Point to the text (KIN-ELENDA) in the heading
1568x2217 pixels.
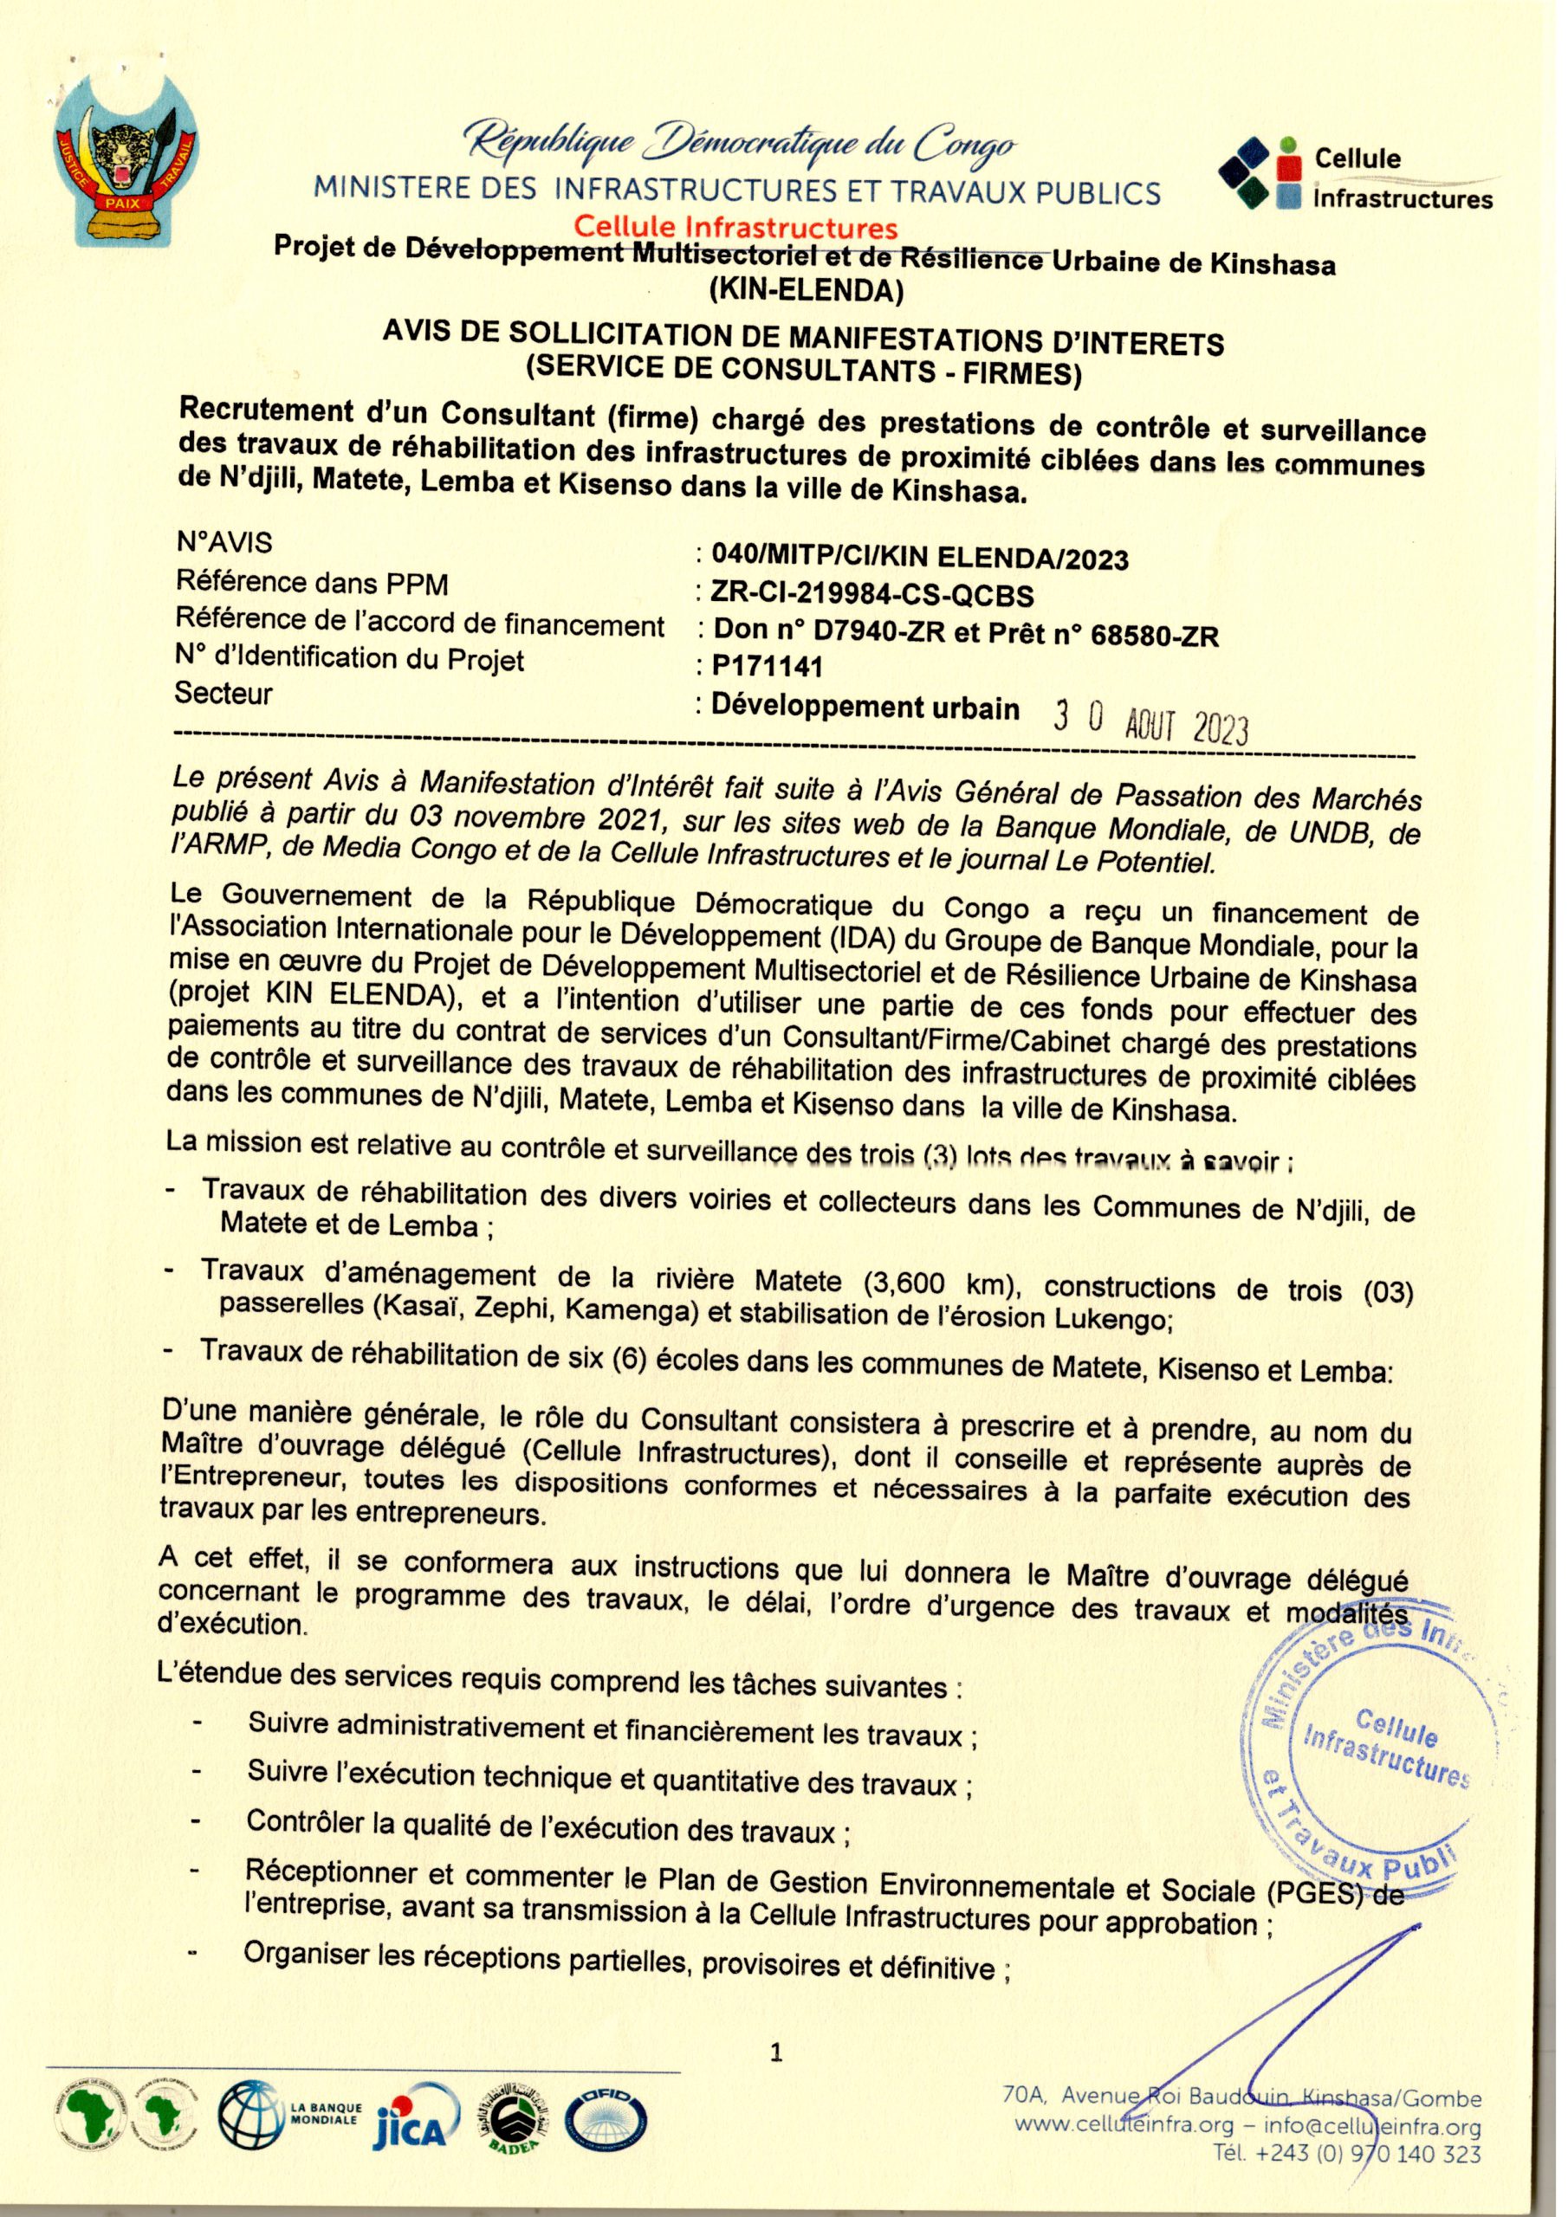click(x=804, y=288)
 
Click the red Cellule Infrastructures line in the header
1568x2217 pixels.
click(x=735, y=228)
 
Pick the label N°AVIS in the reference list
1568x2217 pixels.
click(x=224, y=543)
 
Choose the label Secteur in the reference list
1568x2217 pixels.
click(x=224, y=694)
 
